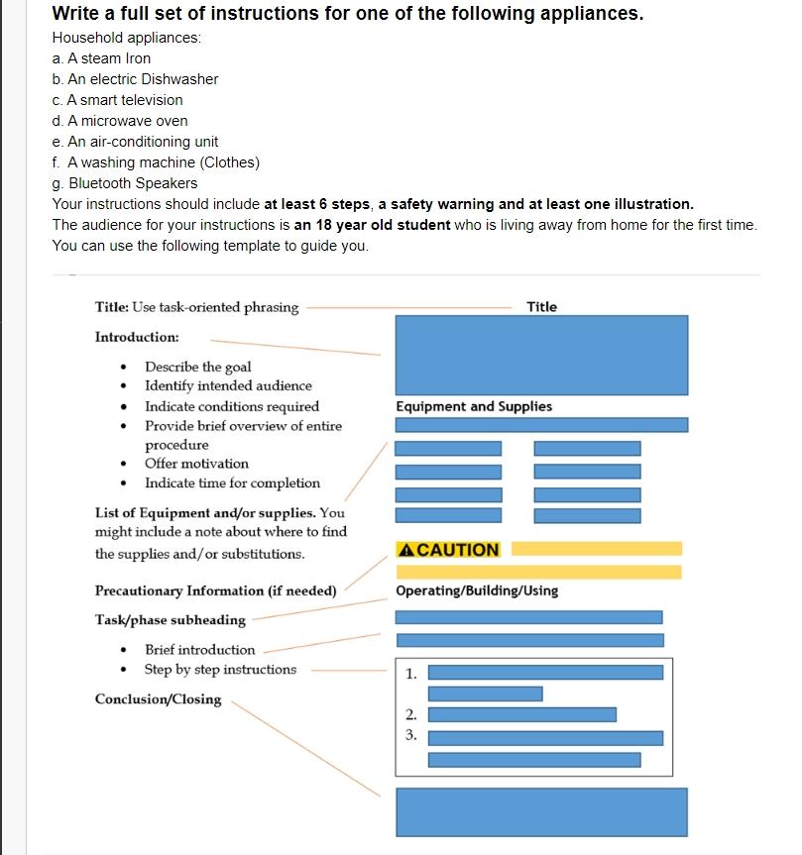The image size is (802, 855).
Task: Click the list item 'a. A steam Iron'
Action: click(x=101, y=58)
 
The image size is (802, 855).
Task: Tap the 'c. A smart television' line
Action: click(x=117, y=100)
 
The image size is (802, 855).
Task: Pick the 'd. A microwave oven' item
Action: click(x=120, y=121)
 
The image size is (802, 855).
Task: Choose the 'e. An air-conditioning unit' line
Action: click(x=135, y=142)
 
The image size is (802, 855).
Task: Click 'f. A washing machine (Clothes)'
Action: click(x=156, y=162)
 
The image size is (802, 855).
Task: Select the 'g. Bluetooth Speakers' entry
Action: click(x=125, y=183)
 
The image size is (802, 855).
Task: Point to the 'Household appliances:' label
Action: click(x=126, y=38)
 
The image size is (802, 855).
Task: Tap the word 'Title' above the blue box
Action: click(x=541, y=307)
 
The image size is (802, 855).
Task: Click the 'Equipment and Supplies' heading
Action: click(x=474, y=406)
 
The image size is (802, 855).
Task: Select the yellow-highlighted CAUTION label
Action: click(x=448, y=550)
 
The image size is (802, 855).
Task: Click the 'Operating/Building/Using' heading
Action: click(x=477, y=590)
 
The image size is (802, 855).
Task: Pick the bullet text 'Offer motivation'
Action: click(x=196, y=464)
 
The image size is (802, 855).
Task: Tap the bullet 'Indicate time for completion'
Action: click(x=232, y=483)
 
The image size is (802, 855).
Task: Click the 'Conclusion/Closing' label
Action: click(x=158, y=699)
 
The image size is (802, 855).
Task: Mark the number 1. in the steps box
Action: click(x=410, y=674)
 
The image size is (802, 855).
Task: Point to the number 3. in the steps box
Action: click(x=410, y=736)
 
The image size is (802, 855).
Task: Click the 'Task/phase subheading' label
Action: click(x=170, y=620)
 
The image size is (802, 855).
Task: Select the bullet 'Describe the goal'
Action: click(x=197, y=367)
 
